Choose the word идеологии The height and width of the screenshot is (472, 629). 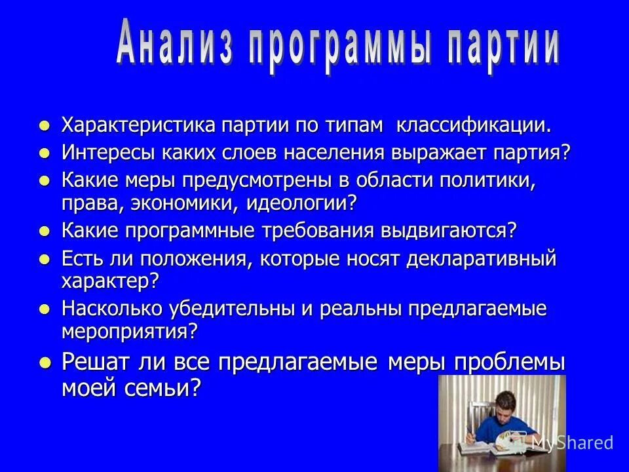tap(301, 202)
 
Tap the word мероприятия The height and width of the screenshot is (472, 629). tap(129, 331)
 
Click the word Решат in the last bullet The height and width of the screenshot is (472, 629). tap(96, 362)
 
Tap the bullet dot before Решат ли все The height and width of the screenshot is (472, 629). tap(44, 363)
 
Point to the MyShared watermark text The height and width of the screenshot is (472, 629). tap(572, 442)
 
